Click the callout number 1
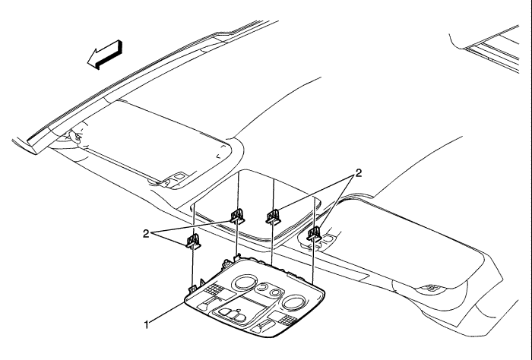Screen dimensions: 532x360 tap(146, 325)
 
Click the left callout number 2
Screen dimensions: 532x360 tap(146, 234)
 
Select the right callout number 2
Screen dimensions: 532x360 tap(358, 173)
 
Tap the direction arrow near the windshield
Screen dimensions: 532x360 tap(105, 55)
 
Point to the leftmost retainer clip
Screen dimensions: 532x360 tap(193, 241)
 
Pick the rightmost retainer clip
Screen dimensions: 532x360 tap(314, 234)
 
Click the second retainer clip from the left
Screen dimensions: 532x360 tap(237, 216)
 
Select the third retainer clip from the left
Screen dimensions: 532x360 tap(273, 217)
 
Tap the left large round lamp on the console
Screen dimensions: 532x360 tap(243, 283)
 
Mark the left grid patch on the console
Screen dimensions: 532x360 tap(214, 290)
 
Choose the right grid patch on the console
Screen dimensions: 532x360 tap(282, 317)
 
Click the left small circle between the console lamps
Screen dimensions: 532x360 tap(261, 288)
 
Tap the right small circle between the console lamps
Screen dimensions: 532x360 tap(276, 292)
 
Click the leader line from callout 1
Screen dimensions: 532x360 tap(167, 312)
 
